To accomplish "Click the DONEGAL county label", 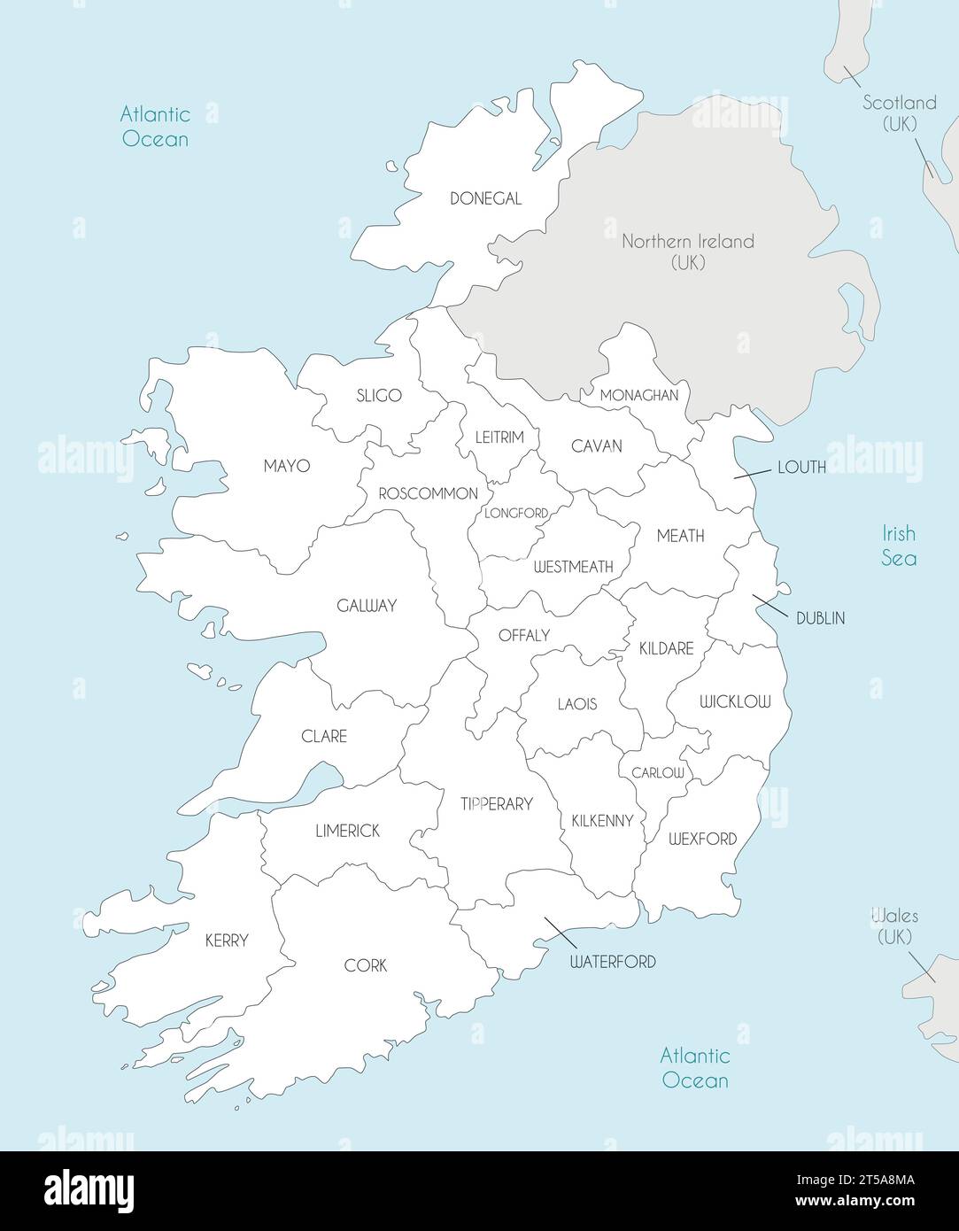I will (x=485, y=199).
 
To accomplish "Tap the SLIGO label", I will (x=378, y=396).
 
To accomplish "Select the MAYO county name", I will (x=286, y=466).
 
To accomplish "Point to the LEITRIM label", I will (x=499, y=437).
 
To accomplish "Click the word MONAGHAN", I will (x=638, y=396).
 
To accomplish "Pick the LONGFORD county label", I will (x=515, y=513).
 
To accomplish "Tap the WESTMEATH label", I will (x=573, y=567).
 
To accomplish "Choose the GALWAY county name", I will (x=366, y=607).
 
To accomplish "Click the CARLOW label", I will (x=657, y=773).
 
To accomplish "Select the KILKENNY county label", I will (x=602, y=821).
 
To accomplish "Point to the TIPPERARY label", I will (x=496, y=804).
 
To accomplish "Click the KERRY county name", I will (x=227, y=941).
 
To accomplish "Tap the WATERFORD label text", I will (x=613, y=962).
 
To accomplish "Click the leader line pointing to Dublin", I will (x=770, y=607).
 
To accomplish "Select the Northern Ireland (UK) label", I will (x=687, y=251).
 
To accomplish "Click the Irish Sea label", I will (x=898, y=546).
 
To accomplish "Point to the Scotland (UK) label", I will (x=900, y=113).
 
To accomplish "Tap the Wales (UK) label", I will (x=894, y=926).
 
